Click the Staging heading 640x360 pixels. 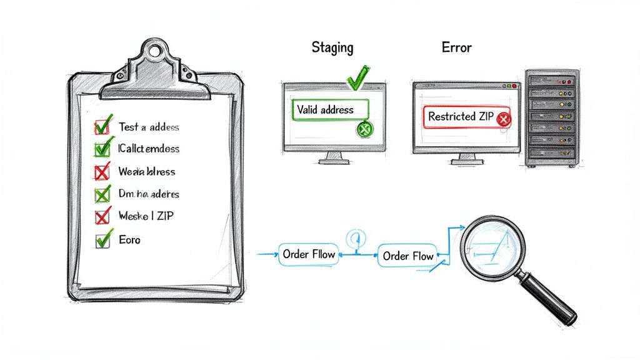[x=332, y=47]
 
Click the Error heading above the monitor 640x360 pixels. [x=456, y=47]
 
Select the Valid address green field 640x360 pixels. [x=330, y=110]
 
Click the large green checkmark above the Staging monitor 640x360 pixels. [x=357, y=78]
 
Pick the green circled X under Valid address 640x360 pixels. [x=364, y=129]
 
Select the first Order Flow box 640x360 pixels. [x=309, y=254]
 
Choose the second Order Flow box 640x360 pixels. [x=407, y=256]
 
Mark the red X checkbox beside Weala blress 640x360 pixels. [x=101, y=171]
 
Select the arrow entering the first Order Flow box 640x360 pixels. [x=266, y=254]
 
